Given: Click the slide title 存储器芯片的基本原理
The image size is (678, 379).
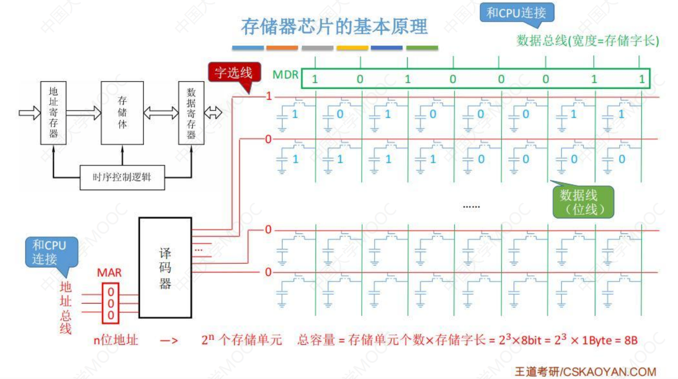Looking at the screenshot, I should pos(334,26).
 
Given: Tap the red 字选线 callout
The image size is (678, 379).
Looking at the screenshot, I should pos(233,72).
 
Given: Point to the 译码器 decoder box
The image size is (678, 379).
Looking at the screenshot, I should pos(165,268).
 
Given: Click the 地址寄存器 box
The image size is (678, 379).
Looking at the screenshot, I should pos(53,113).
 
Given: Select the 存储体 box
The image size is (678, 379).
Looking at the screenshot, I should pos(122,113).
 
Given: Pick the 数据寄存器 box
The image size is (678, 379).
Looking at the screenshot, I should pos(191,113).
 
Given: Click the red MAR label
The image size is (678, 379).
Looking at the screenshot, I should pos(109,272).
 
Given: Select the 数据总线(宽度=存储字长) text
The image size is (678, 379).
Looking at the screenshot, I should pos(588,41).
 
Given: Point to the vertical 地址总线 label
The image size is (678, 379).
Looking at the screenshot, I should pos(66,308).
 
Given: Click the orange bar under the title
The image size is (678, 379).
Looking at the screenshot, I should pos(282,48).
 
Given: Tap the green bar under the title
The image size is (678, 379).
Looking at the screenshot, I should pos(422,48).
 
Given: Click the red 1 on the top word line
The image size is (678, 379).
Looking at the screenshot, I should pos(268,97).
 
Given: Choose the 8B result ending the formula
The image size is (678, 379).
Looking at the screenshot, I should pos(631,341).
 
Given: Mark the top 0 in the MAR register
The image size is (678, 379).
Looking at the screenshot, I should pos(110,293).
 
